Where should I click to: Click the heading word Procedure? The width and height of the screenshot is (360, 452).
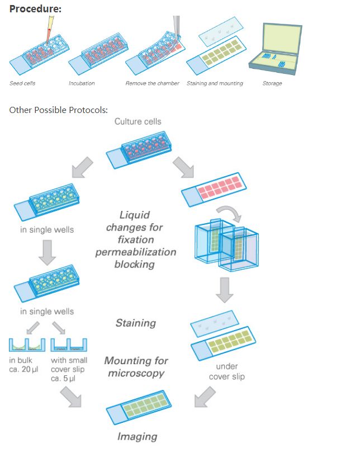[35, 9]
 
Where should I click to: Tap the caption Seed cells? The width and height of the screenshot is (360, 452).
[22, 83]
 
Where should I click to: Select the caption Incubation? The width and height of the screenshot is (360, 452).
[82, 83]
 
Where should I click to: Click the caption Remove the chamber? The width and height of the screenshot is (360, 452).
[152, 83]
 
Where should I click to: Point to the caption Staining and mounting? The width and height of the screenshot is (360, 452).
[215, 83]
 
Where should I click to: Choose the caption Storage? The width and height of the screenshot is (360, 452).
[272, 83]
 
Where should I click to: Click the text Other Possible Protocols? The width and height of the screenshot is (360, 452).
[58, 109]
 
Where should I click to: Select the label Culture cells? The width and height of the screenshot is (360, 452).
[138, 121]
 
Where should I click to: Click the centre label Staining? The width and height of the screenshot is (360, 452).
[135, 323]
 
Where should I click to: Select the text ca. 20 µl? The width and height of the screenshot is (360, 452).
[24, 370]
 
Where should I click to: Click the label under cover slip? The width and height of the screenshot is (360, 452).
[226, 371]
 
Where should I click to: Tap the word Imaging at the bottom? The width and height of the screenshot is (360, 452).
[137, 436]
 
